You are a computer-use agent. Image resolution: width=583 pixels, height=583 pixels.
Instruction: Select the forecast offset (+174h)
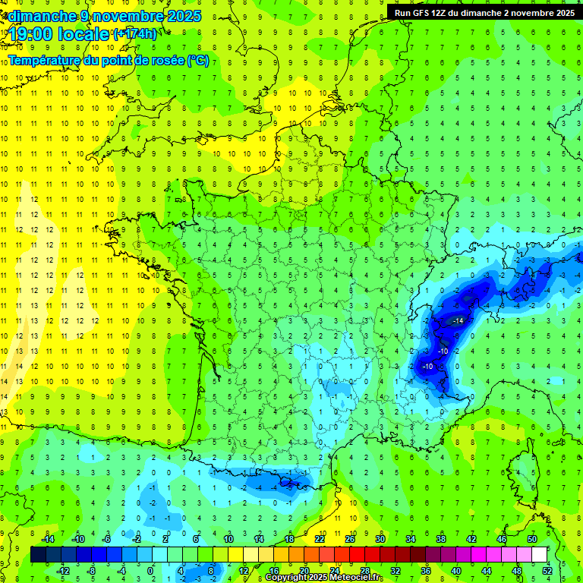[x=134, y=34]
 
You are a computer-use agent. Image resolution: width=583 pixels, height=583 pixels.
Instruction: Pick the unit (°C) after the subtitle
[x=198, y=61]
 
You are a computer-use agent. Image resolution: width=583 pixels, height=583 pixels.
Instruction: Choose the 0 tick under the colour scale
[x=150, y=570]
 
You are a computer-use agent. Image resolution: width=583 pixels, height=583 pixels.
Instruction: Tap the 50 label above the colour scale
[x=531, y=539]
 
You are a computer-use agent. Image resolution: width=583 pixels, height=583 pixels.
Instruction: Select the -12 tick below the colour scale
[x=63, y=570]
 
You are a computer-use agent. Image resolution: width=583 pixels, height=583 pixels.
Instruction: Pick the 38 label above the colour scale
[x=440, y=539]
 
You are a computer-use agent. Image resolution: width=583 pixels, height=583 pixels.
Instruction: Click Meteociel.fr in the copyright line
[x=351, y=578]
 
